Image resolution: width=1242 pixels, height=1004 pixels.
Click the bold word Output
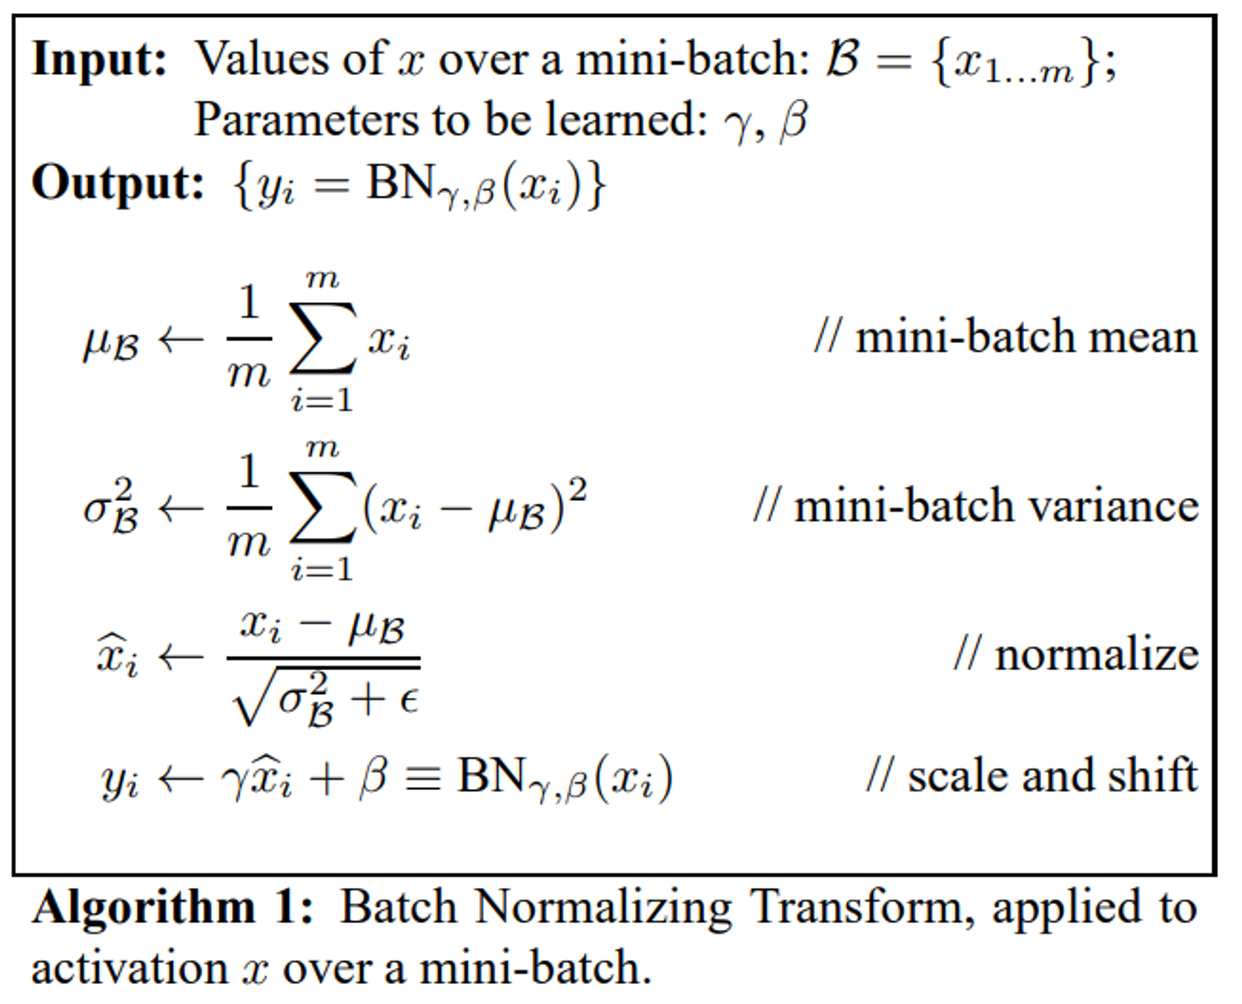coord(117,184)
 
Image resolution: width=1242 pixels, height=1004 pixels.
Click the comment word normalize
coord(1097,656)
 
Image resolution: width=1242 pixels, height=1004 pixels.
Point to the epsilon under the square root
coord(409,701)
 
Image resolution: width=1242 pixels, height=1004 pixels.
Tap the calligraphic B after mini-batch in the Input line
coord(843,60)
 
